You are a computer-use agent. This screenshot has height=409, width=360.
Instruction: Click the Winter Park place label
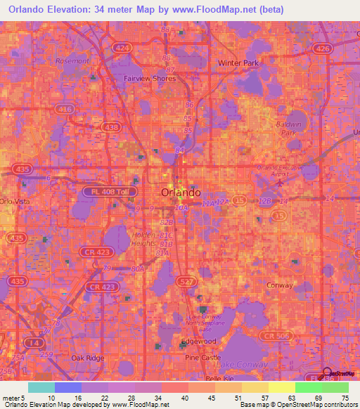point(238,63)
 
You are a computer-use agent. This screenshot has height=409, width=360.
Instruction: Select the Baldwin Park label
point(289,126)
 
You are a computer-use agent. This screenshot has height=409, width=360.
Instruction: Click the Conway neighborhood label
point(280,285)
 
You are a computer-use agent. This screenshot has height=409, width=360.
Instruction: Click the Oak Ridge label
point(88,357)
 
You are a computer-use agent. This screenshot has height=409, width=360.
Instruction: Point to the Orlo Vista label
point(12,202)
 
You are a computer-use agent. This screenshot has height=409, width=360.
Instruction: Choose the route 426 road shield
point(323,48)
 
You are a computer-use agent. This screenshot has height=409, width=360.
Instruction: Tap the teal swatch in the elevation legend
point(41,387)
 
